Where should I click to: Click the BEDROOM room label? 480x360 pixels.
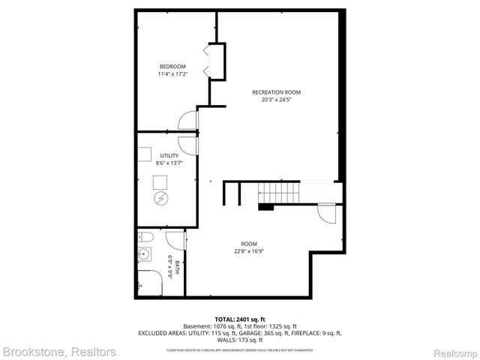172,65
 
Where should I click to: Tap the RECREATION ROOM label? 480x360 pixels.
276,92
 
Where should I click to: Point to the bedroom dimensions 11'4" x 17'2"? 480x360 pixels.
172,73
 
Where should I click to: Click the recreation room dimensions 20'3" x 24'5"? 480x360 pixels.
276,100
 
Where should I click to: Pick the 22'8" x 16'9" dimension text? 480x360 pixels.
249,250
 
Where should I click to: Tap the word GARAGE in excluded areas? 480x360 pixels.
256,333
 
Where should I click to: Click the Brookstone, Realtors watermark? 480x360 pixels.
59,351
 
